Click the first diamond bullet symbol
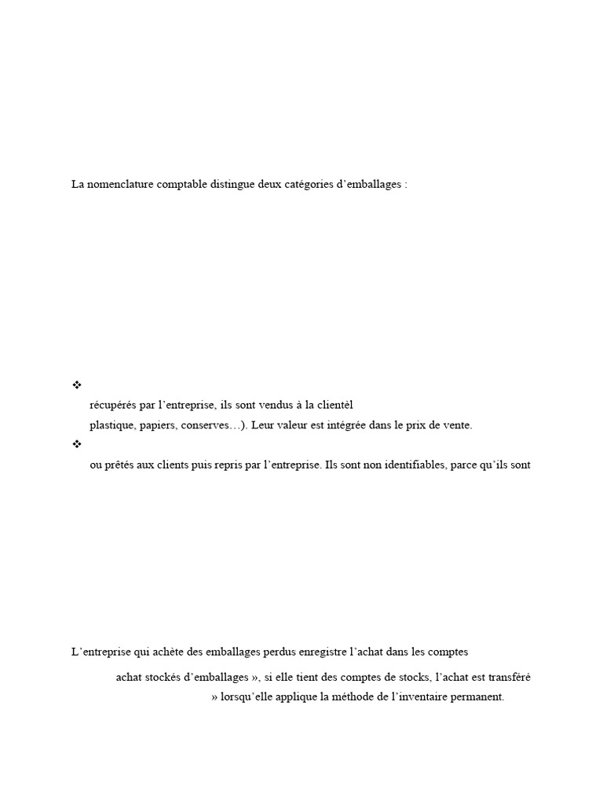click(77, 384)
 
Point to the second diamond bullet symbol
click(77, 444)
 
